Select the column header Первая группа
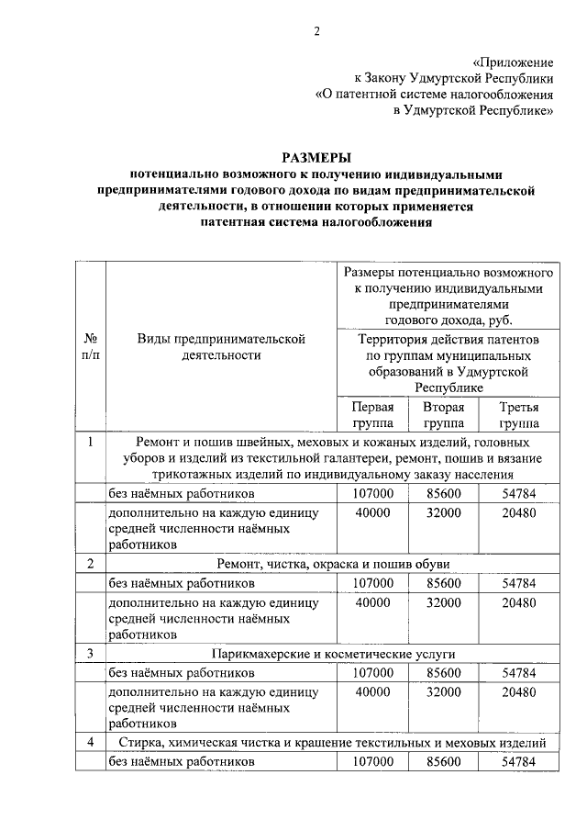pos(372,415)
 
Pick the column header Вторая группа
pos(443,415)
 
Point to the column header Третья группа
pos(518,415)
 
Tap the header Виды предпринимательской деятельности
pos(220,346)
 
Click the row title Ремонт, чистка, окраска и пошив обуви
pos(332,565)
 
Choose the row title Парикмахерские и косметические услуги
pos(332,653)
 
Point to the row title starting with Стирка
pos(332,741)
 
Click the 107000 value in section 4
pos(372,761)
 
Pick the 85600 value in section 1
pos(443,493)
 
